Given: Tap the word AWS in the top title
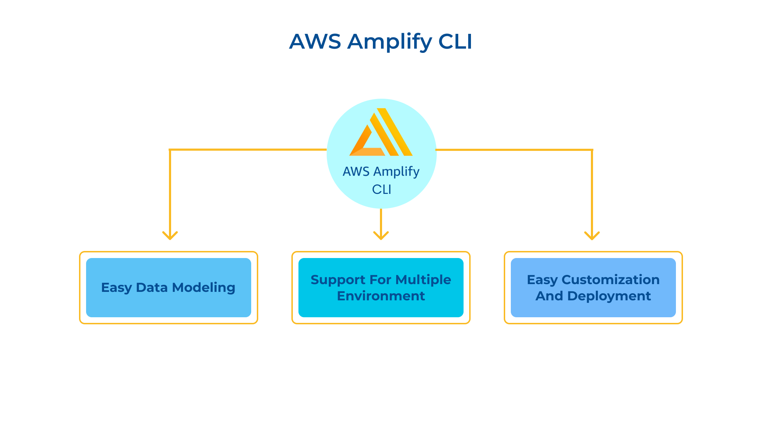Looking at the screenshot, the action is pos(315,41).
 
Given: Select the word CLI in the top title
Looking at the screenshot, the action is pos(455,41).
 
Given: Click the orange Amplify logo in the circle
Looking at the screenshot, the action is pos(381,132).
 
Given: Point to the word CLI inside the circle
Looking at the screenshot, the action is pos(382,190).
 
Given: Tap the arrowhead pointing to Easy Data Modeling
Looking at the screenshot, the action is pos(170,235).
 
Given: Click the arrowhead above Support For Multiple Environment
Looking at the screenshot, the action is pos(381,235).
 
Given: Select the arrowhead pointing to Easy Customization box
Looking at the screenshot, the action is pos(592,235).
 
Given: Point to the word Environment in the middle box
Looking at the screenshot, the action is pos(381,296).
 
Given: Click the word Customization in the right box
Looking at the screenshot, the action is pos(611,280).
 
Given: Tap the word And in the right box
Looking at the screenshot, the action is pos(550,296).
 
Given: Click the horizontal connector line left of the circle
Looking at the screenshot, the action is pos(248,150).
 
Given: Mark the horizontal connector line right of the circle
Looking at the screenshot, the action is pos(514,150).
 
